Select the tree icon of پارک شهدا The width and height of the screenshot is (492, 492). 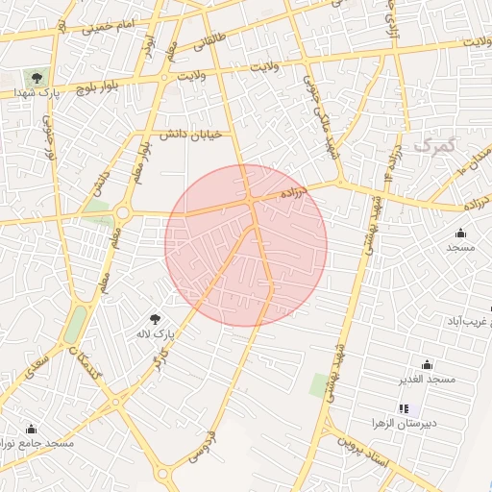[x=37, y=77]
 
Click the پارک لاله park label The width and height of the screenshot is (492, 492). [x=155, y=333]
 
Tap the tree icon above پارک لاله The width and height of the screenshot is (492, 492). [x=156, y=317]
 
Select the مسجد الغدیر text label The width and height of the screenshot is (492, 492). [x=427, y=381]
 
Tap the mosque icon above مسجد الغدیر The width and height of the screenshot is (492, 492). [x=427, y=364]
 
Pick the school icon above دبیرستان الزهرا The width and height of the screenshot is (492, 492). [x=403, y=408]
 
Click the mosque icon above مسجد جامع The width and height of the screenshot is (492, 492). [x=31, y=429]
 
